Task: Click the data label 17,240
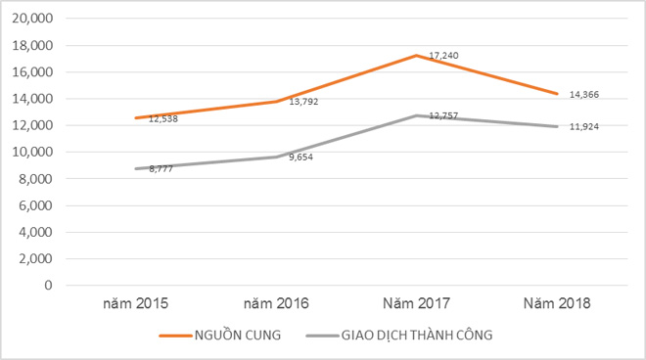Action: (444, 56)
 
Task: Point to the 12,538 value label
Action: (162, 118)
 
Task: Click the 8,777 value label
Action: (162, 169)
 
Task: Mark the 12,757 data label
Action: (444, 115)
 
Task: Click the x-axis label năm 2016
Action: (277, 304)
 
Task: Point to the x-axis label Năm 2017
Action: (417, 304)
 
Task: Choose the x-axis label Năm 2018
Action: (556, 304)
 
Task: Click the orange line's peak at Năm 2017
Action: (417, 56)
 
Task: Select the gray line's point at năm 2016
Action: (277, 157)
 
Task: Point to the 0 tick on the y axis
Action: (46, 286)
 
